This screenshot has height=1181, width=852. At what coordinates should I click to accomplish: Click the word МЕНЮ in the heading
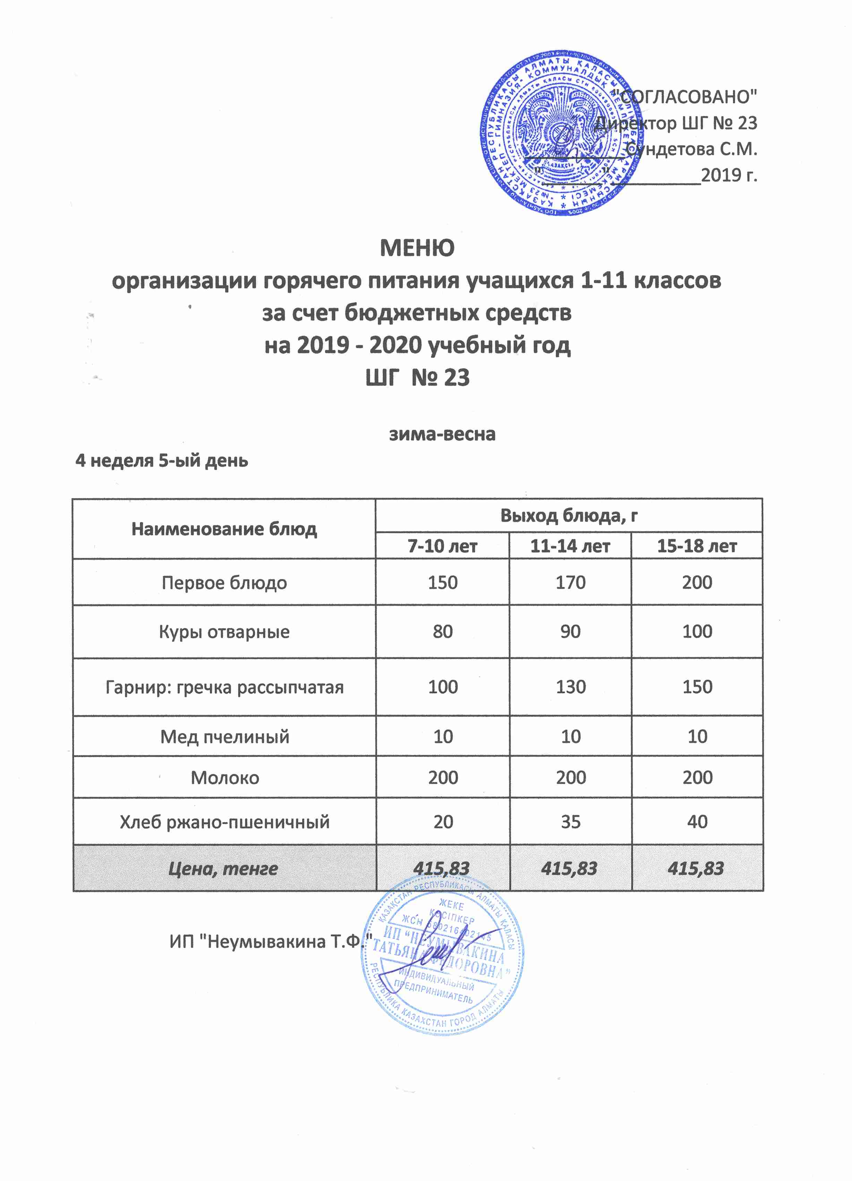417,248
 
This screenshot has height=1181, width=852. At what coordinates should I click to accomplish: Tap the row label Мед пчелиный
224,736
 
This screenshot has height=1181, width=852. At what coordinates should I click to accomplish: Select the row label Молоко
225,777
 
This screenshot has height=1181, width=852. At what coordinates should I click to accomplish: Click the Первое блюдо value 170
570,582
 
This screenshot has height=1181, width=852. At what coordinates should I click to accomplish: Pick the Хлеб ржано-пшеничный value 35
570,822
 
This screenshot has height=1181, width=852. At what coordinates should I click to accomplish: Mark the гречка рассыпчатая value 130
570,687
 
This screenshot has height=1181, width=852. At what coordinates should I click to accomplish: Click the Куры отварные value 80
442,632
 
